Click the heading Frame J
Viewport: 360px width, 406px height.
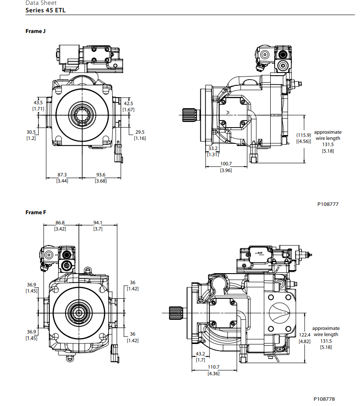point(36,31)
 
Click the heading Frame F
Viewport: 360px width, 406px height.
point(36,212)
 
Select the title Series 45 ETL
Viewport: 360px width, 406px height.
point(46,10)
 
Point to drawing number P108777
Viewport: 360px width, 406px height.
point(328,204)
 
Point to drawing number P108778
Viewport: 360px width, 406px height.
point(324,399)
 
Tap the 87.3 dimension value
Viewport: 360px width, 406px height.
point(62,175)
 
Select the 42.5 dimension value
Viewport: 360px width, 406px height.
point(129,103)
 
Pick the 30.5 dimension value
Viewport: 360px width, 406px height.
point(31,132)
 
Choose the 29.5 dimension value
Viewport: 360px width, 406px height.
point(140,132)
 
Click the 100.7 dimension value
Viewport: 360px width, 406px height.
point(226,164)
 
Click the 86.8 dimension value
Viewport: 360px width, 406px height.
point(60,223)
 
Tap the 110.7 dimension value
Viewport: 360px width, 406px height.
point(213,367)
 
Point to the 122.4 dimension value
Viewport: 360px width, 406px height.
point(305,335)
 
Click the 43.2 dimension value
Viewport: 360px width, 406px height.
point(200,354)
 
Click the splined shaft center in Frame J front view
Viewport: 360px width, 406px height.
point(82,115)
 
